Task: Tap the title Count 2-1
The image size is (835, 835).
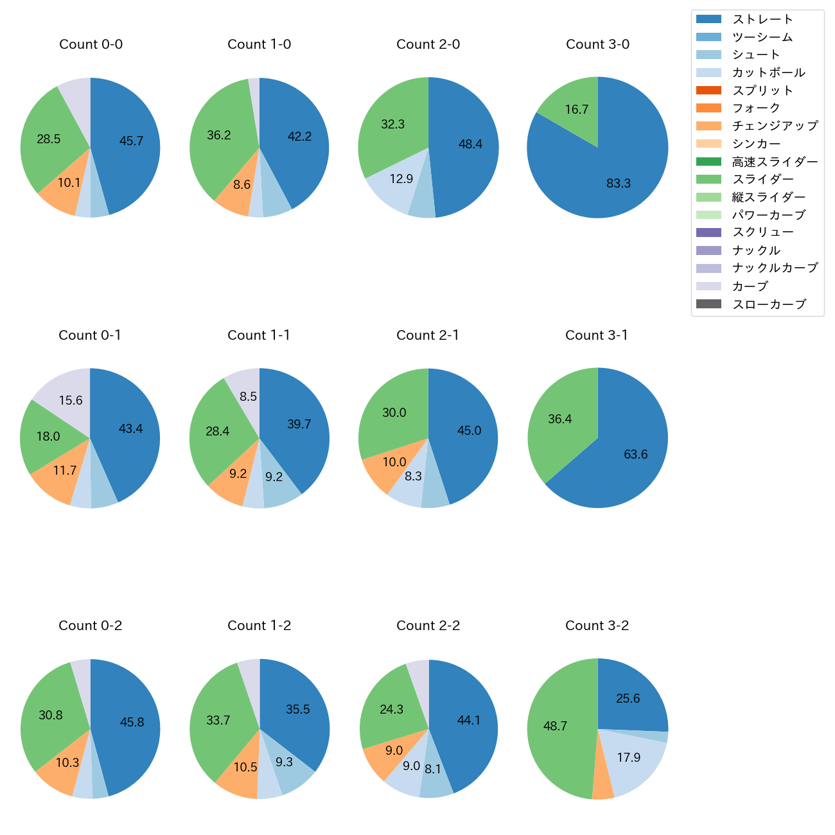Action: (428, 335)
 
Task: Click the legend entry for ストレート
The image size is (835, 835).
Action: (762, 19)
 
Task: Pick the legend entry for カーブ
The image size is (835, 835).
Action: (750, 286)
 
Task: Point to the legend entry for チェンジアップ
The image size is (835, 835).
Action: (775, 126)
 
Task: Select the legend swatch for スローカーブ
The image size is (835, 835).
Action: (708, 304)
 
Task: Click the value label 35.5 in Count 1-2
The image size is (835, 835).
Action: (298, 709)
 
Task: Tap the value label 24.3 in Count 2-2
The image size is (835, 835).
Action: (391, 709)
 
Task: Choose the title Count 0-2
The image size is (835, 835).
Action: (90, 626)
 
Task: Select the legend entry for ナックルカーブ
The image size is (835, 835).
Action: (775, 268)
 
